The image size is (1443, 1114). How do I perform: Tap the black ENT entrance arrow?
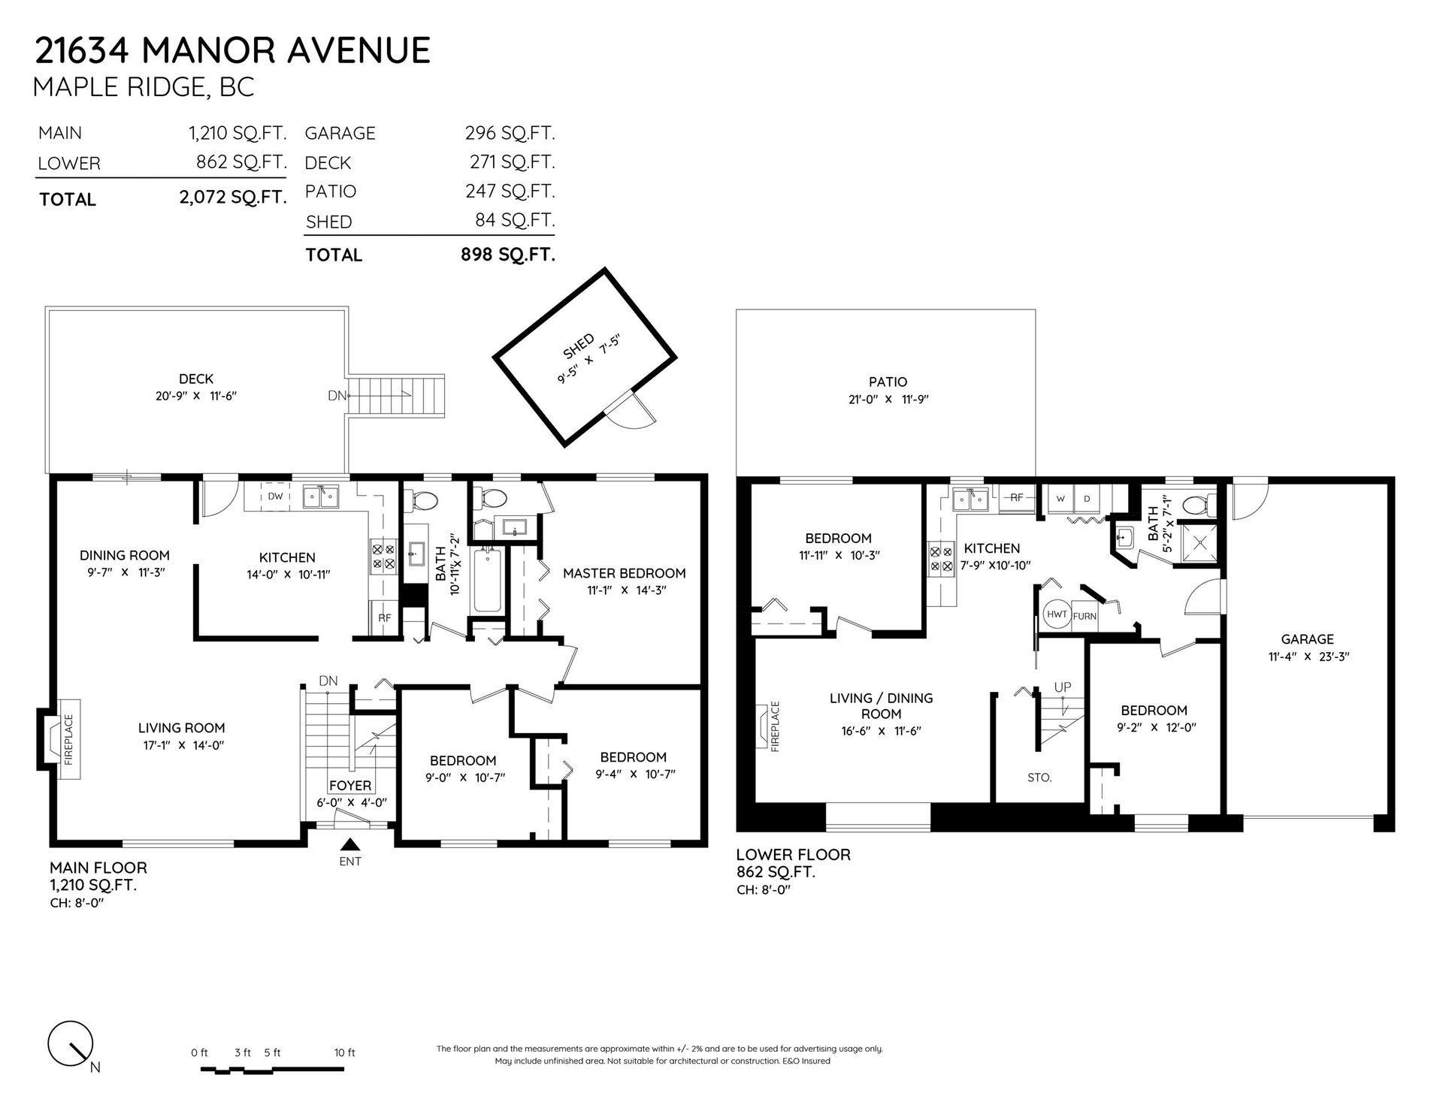350,845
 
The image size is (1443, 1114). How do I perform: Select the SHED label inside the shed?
579,347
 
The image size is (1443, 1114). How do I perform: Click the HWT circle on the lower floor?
1057,614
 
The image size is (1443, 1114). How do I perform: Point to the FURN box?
1085,616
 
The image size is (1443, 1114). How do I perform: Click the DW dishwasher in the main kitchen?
275,496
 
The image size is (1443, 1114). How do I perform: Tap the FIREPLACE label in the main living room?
68,739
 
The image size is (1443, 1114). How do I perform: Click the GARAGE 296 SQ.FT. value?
510,133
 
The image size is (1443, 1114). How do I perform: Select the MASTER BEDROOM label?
625,573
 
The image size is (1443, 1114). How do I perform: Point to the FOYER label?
350,786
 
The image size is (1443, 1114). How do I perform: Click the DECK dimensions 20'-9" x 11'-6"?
196,396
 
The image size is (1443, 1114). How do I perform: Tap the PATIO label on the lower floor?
888,382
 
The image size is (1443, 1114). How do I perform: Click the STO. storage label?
1039,778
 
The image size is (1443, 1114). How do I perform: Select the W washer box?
1061,499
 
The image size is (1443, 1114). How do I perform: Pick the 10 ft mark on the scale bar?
345,1052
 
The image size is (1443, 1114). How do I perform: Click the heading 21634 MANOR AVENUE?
233,50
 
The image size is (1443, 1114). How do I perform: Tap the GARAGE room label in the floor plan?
1308,639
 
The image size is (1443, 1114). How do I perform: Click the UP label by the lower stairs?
1063,687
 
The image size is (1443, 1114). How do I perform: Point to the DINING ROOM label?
125,555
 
